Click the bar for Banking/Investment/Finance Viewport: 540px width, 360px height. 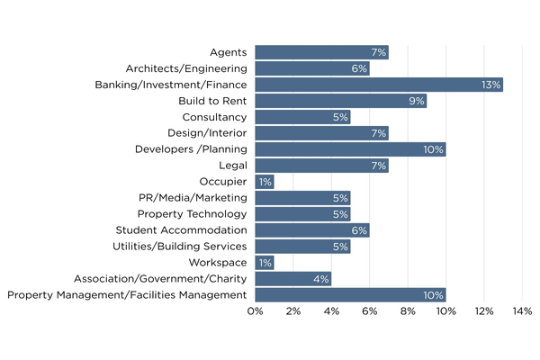coord(378,85)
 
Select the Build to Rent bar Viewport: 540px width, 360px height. coord(340,101)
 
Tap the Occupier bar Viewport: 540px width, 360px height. coord(265,182)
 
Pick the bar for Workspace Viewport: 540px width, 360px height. coord(265,263)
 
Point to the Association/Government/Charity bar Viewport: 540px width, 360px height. coord(292,279)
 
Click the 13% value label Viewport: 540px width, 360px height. coord(492,85)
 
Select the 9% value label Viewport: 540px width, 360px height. coord(416,101)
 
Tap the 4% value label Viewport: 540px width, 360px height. coord(320,279)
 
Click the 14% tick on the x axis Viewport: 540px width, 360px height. coord(522,311)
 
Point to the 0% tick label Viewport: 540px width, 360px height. coord(255,311)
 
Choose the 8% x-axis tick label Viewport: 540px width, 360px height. coord(408,311)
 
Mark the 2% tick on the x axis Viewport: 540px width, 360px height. coord(293,311)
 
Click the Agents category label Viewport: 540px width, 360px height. coord(229,52)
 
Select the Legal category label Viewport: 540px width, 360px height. coord(233,166)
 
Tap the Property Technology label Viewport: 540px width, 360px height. coord(192,214)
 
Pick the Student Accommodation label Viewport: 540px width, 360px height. coord(180,230)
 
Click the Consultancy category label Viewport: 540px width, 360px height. coord(214,117)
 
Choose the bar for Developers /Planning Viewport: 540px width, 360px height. coord(350,149)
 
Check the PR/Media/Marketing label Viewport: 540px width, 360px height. coord(189,198)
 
